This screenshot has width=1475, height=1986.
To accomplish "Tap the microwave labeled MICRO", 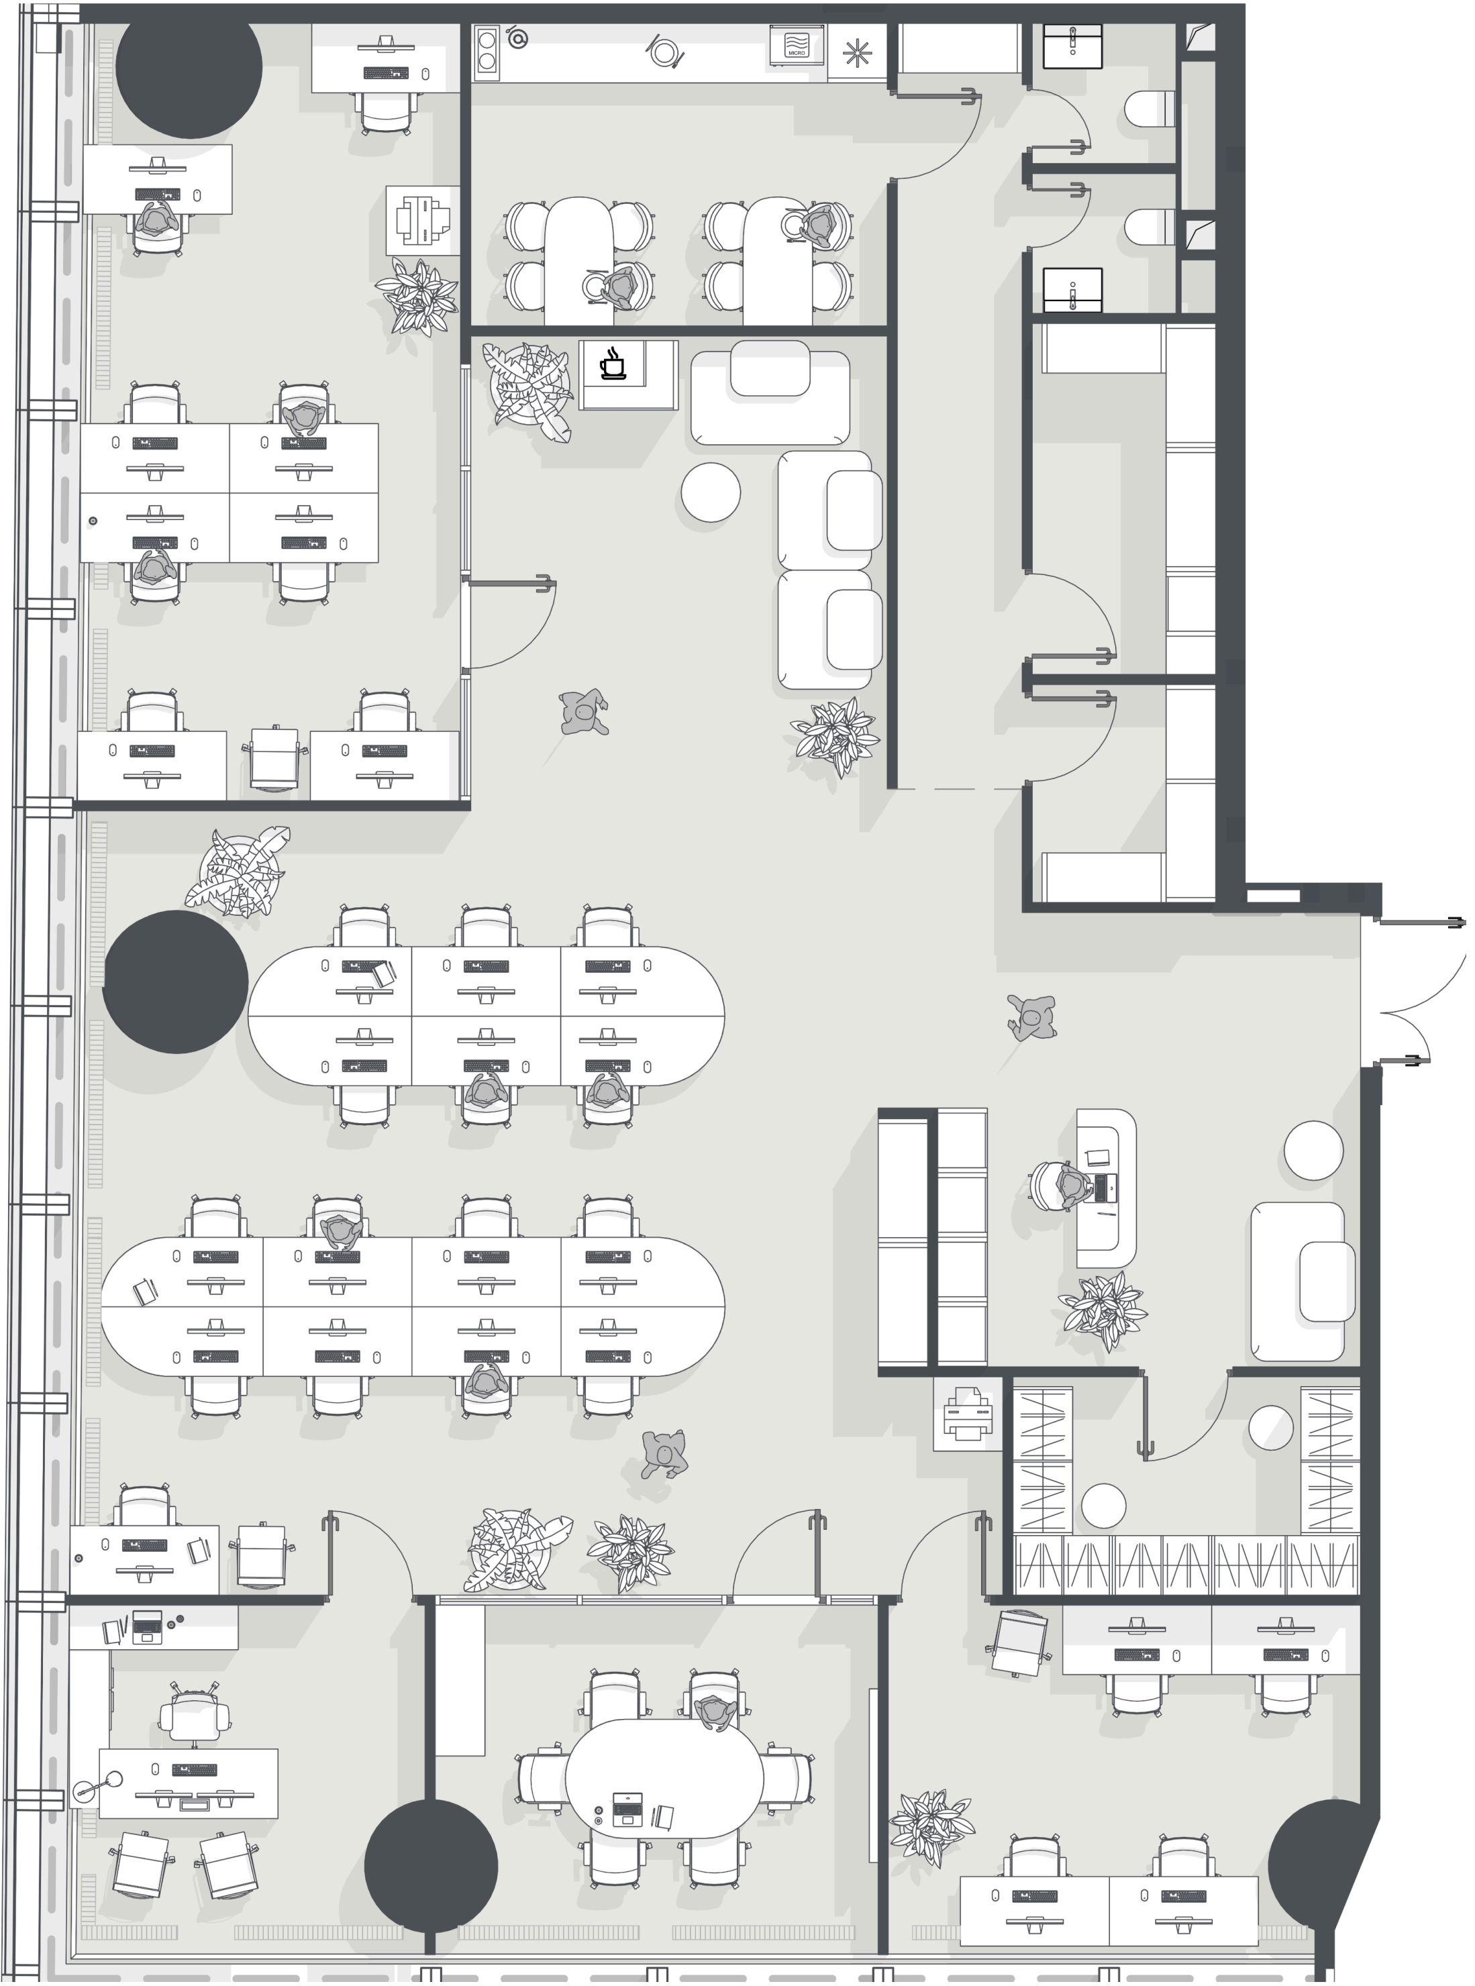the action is point(795,45).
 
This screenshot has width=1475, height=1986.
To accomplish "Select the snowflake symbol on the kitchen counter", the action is point(856,54).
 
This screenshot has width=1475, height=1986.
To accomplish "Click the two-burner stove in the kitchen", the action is point(487,49).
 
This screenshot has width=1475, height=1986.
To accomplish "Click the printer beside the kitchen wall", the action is point(423,219).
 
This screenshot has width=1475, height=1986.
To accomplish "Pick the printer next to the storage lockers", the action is point(967,1413).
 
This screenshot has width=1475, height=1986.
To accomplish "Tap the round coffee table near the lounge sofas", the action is point(711,491).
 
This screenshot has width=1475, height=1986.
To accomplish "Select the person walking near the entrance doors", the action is point(1032,1018).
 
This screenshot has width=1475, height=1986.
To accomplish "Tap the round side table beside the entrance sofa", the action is point(1313,1151).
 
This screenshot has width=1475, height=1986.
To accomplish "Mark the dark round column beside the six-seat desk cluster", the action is point(175,982).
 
